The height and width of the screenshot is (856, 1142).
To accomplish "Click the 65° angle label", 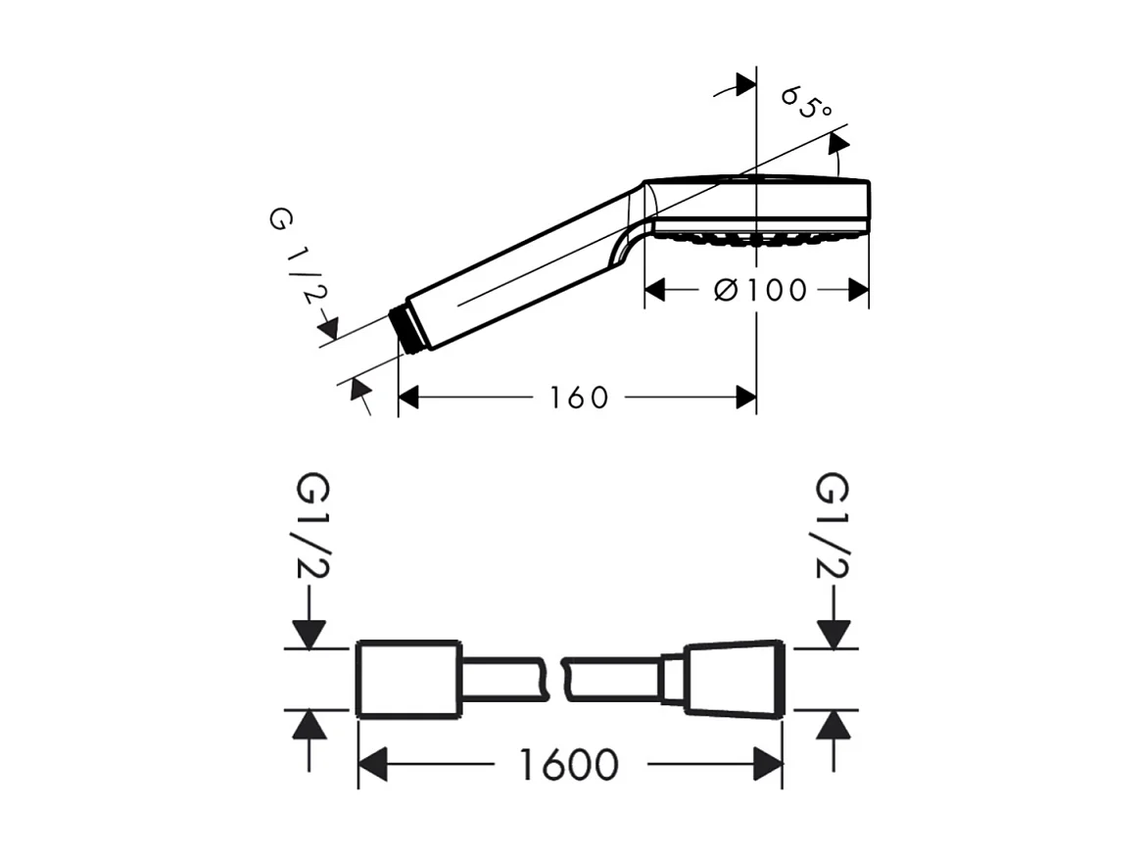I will (x=806, y=102).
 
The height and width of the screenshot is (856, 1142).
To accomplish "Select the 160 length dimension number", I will (x=578, y=398).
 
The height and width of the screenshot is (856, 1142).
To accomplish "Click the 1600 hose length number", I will (x=568, y=765).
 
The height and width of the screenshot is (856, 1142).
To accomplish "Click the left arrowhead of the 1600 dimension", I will (x=373, y=765).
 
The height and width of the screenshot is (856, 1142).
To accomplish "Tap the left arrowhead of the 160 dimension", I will (x=409, y=397).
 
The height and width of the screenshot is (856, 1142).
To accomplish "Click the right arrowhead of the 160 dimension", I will (x=745, y=397).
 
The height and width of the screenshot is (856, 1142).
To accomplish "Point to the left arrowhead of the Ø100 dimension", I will (x=655, y=290).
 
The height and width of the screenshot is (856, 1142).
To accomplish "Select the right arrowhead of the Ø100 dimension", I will (x=858, y=290).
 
